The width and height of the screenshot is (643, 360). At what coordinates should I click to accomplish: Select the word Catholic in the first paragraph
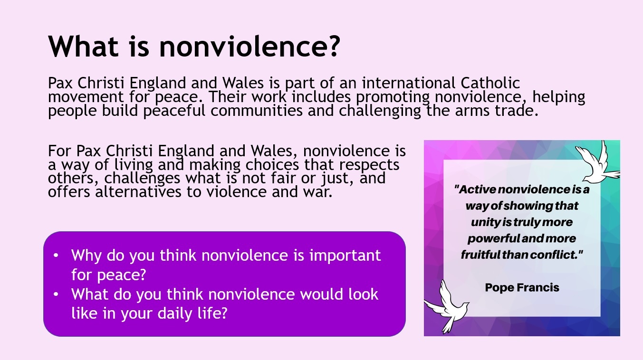click(490, 83)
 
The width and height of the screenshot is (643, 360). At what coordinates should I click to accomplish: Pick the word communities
click(256, 111)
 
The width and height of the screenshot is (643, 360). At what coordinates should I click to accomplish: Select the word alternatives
click(138, 191)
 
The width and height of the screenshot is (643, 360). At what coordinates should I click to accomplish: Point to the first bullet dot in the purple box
click(56, 256)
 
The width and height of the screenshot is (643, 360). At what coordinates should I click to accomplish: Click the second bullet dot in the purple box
click(56, 294)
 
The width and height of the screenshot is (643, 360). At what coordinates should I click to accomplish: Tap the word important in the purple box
click(345, 256)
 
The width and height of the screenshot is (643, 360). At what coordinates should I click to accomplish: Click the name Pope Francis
click(522, 287)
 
